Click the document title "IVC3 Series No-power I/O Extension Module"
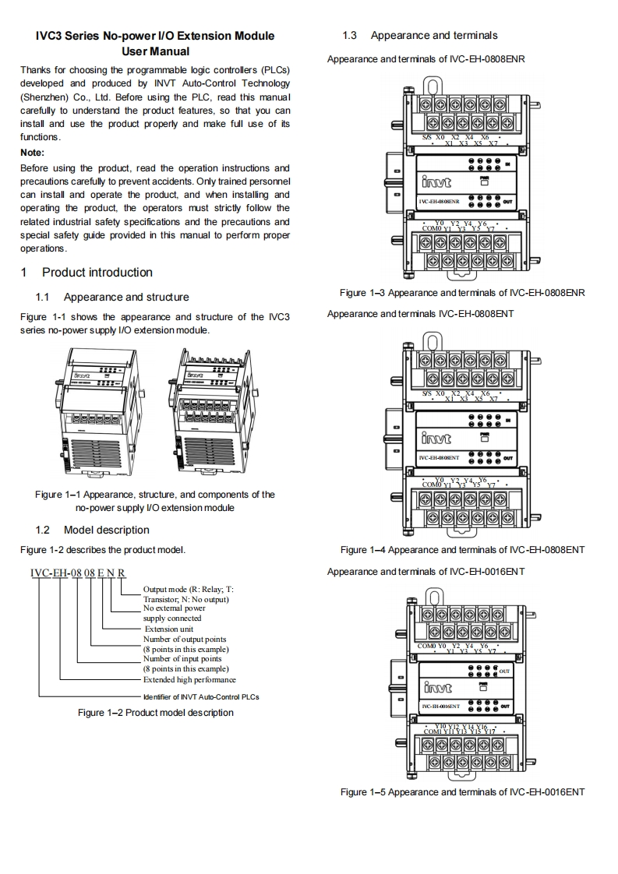tap(155, 36)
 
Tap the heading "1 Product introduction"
tap(87, 272)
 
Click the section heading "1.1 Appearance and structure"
tap(112, 297)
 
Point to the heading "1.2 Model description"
tap(93, 530)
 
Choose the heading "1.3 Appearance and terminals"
tap(420, 35)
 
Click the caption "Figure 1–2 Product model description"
tap(155, 712)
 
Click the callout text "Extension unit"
tap(169, 629)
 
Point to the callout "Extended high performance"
tap(189, 679)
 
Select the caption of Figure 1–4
tap(462, 550)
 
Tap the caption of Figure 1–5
tap(462, 792)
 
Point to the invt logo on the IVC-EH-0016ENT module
tap(440, 688)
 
